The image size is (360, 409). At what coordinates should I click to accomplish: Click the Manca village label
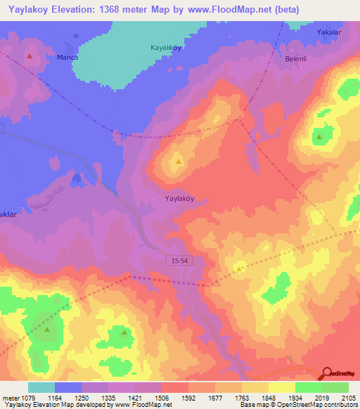pos(67,57)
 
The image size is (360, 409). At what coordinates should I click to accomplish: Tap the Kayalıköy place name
pos(167,48)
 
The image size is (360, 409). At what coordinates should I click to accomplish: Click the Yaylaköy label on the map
pos(179,198)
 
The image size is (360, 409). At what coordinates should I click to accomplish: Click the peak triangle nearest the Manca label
pos(30,55)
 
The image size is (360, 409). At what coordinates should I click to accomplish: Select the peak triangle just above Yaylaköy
pos(179,162)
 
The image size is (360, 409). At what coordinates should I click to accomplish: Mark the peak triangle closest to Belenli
pos(319,136)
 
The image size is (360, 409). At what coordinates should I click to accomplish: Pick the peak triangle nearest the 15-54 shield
pos(239,268)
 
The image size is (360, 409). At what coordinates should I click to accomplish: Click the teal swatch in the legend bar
pos(41,387)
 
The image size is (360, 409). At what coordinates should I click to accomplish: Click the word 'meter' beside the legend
pos(11,397)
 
